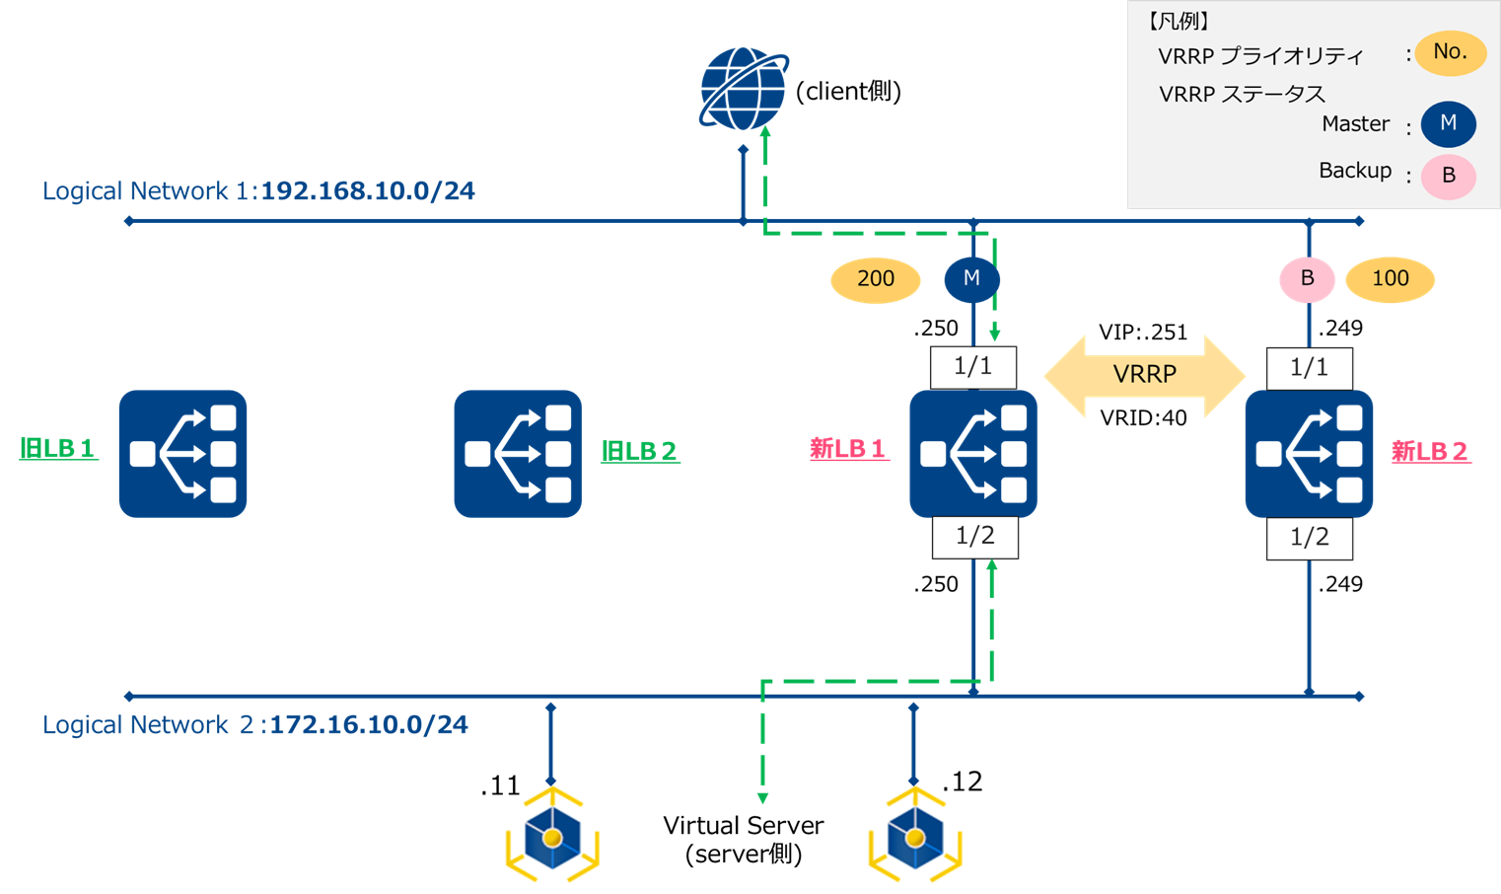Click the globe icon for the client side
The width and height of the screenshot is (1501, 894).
coord(743,89)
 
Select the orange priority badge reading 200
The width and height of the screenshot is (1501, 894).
coord(876,279)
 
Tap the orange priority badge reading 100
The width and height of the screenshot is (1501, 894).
coord(1390,279)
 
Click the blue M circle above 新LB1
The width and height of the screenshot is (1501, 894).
coord(971,279)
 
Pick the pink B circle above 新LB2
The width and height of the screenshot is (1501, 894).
coord(1307,279)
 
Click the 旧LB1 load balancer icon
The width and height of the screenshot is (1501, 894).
coord(182,453)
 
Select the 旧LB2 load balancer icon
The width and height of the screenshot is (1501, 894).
coord(518,453)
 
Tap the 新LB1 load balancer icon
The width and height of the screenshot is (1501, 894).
coord(973,453)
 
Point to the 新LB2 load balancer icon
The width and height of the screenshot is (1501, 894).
coord(1309,453)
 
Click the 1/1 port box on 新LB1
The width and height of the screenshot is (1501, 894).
coord(973,367)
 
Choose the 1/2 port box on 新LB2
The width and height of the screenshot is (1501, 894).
coord(1310,538)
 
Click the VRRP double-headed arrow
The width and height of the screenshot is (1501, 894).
coord(1144,375)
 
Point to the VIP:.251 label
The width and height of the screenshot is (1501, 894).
coord(1143,333)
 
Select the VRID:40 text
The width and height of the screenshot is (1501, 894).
coord(1143,418)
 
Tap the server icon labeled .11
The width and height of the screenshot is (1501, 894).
coord(552,837)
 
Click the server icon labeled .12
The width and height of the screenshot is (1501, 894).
coord(915,837)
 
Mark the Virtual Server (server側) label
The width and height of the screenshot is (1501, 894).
coord(743,839)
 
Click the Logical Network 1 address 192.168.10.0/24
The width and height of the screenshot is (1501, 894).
coord(368,190)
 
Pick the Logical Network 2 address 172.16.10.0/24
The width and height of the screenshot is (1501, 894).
coord(369,724)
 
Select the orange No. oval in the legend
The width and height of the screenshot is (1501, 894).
coord(1450,52)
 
